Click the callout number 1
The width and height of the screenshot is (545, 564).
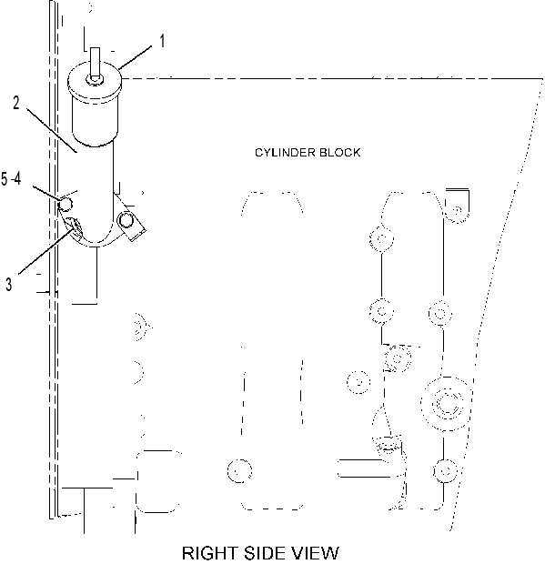tap(162, 41)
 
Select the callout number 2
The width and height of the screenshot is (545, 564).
tap(16, 103)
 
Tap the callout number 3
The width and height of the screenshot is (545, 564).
tap(9, 284)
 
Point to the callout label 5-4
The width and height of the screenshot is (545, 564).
tap(11, 179)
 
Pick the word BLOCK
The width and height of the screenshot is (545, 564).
tap(339, 153)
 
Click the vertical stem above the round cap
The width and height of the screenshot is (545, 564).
tap(95, 62)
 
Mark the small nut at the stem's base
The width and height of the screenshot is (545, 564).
tap(95, 80)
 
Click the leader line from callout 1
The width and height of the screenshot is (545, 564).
tap(136, 57)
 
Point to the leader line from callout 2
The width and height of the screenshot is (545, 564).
tap(52, 130)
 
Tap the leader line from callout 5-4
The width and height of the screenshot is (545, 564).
tap(47, 193)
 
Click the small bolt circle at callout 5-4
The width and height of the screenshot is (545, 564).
tap(66, 205)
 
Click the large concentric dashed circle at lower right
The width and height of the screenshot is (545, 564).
tap(447, 404)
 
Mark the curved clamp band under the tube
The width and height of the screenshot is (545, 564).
tap(96, 242)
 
